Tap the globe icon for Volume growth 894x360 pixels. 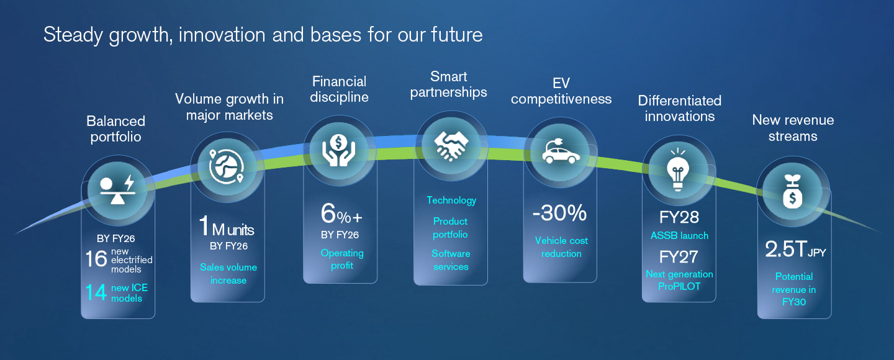226,166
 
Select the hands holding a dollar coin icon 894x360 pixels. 338,150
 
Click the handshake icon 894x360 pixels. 451,146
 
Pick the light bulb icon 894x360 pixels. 678,169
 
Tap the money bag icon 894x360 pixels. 793,191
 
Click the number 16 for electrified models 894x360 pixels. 96,259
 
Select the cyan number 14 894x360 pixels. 96,292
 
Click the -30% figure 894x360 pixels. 559,213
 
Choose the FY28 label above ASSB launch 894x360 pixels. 679,217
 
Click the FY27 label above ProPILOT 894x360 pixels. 679,257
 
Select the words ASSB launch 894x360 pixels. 679,235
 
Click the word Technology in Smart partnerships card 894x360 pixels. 451,200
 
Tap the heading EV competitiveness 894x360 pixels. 561,91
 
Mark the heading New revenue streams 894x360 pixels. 793,128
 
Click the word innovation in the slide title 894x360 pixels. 222,35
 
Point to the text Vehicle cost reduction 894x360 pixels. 561,247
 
